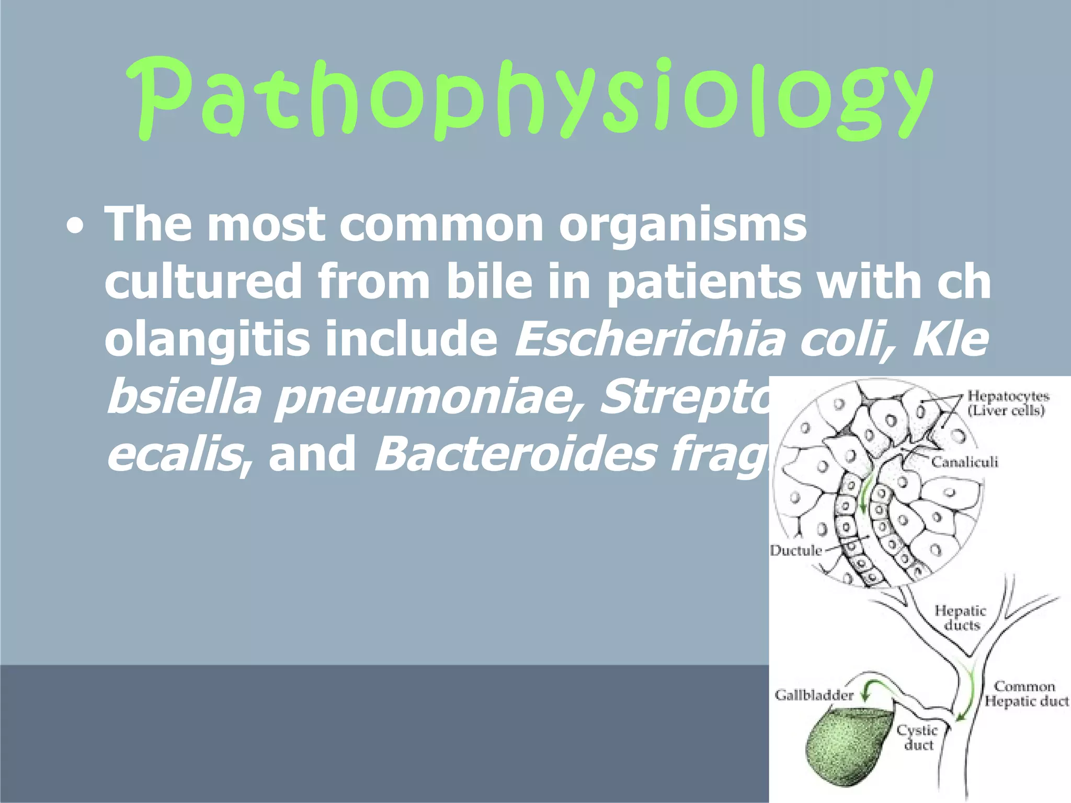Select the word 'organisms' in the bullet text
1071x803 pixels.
click(x=682, y=225)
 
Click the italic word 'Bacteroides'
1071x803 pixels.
click(x=515, y=454)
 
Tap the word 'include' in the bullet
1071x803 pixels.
click(x=411, y=340)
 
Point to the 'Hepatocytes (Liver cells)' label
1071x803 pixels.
click(x=1007, y=403)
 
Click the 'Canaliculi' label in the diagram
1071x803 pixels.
click(x=964, y=462)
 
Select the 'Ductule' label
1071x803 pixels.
click(x=795, y=550)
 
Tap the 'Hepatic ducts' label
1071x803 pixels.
click(x=961, y=618)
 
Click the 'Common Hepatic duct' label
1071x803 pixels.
click(x=1026, y=694)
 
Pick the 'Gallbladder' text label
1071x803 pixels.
click(x=814, y=695)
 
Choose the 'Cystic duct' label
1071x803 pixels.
click(x=918, y=737)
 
